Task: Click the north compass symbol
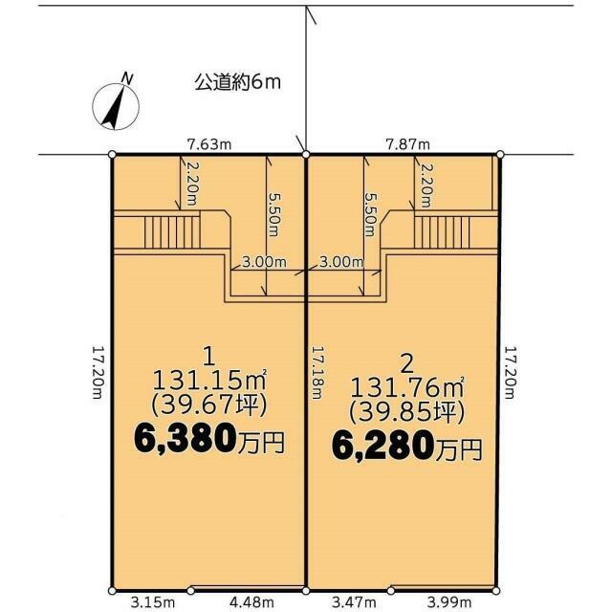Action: point(116,107)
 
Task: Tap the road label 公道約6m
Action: point(238,83)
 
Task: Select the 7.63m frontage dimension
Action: point(209,144)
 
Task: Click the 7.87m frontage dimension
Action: point(407,144)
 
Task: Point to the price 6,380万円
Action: point(208,440)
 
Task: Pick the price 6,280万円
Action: point(406,448)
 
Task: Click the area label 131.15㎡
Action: point(209,380)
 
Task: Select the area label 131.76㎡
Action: point(407,386)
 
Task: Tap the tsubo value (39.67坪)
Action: point(209,404)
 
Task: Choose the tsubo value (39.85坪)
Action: point(407,411)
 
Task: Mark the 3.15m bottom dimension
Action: point(153,603)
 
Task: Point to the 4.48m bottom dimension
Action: point(251,603)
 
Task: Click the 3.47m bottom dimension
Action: point(354,603)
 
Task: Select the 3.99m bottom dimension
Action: point(449,603)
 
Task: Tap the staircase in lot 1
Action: point(172,232)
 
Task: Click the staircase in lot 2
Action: point(442,232)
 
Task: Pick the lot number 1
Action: point(209,357)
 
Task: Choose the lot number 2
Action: point(407,365)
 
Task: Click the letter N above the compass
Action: point(127,78)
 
